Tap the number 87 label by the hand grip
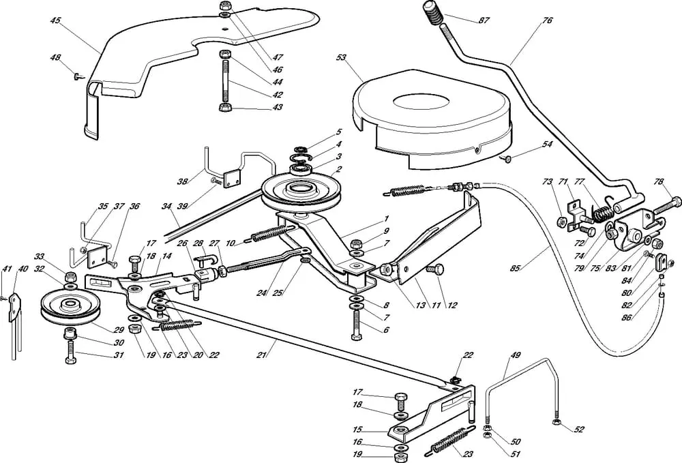[484, 21]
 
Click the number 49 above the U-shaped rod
[516, 356]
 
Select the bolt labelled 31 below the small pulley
[71, 354]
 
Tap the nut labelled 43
[224, 107]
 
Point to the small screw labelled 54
[506, 159]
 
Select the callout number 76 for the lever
[547, 21]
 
